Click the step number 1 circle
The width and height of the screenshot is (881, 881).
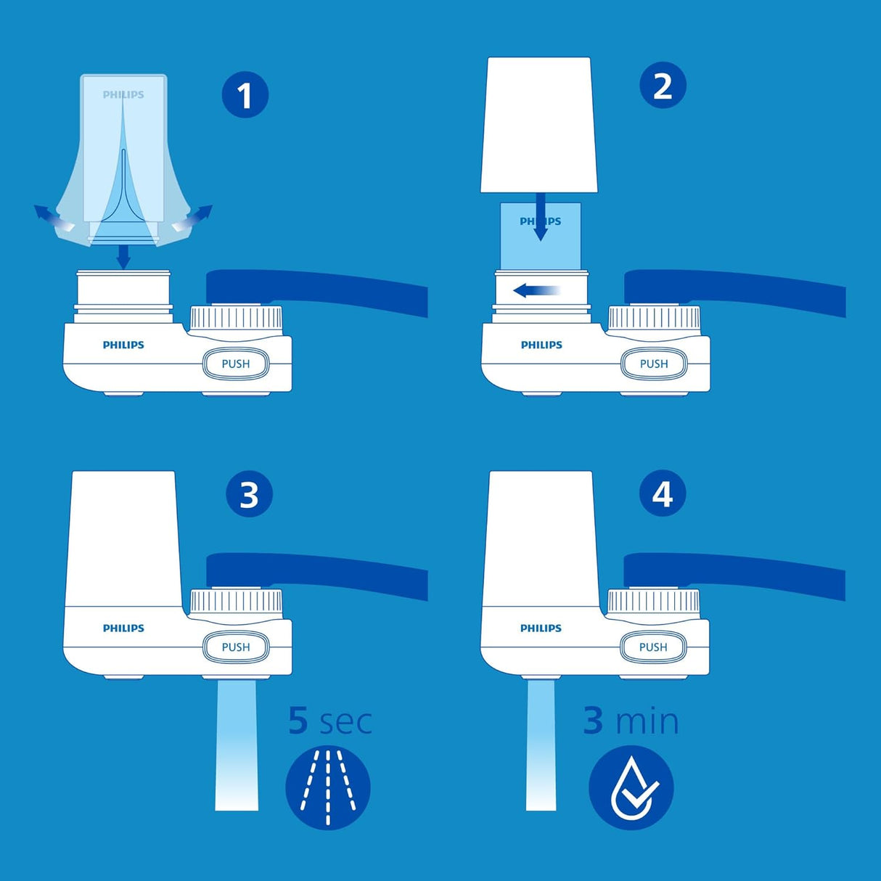(x=245, y=95)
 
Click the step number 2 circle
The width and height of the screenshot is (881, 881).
(x=663, y=86)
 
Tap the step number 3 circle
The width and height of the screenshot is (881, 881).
(x=249, y=495)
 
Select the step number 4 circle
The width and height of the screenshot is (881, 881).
(x=662, y=493)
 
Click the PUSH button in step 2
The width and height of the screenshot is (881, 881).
(x=653, y=364)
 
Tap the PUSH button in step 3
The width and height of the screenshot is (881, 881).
(x=235, y=647)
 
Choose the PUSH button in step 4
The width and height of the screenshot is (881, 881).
(x=653, y=647)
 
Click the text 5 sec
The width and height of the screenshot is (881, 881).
(x=330, y=721)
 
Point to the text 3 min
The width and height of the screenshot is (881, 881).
(x=631, y=721)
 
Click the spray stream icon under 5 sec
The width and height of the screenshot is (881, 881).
(x=328, y=787)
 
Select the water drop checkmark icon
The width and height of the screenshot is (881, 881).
(x=631, y=787)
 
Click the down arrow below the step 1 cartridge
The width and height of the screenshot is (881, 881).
(x=123, y=256)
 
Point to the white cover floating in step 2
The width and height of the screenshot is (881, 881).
(x=538, y=125)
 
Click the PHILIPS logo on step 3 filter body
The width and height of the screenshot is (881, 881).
(x=123, y=628)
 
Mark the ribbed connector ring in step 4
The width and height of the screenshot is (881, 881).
(x=653, y=602)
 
